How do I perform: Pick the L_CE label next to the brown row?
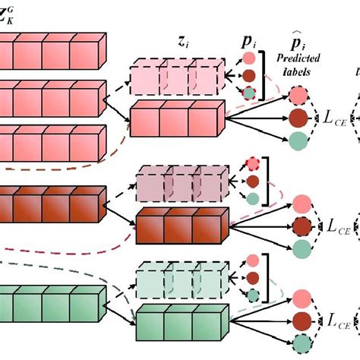coord(336,226)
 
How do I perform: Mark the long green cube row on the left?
coord(49,302)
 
